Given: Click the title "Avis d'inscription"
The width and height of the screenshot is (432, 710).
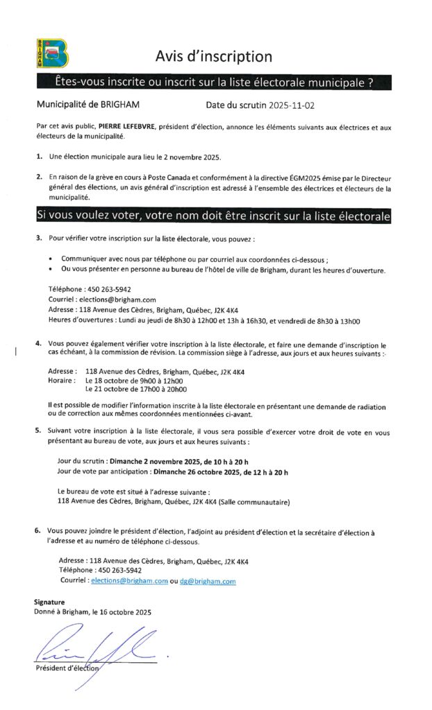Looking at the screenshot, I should [x=213, y=56].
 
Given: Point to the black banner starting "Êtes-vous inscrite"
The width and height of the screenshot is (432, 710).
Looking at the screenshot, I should [x=213, y=83].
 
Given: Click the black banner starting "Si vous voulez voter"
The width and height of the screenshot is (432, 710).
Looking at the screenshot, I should [x=213, y=216].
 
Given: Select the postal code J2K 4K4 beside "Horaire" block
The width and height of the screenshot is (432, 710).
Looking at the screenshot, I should [x=233, y=372].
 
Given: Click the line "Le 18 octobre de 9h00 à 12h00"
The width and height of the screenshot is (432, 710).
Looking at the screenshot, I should [x=134, y=381].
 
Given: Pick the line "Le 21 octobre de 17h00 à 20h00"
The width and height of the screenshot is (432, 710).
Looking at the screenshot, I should [x=136, y=390].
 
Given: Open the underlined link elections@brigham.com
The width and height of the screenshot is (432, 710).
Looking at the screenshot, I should [x=129, y=582].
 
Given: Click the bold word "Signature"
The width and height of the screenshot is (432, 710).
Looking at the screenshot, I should [x=49, y=603].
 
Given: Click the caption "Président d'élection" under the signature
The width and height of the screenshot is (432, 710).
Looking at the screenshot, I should [x=67, y=668].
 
